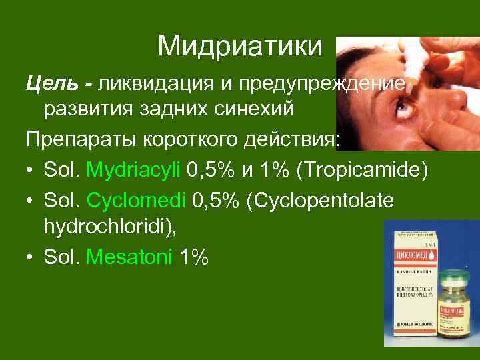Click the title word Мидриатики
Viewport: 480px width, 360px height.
pyautogui.click(x=240, y=46)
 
